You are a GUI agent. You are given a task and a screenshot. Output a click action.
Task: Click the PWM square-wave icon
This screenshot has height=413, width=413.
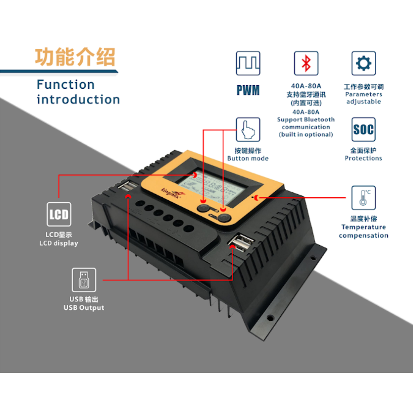coord(248,63)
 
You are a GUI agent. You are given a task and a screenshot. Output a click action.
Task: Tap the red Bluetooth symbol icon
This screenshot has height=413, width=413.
coord(306,63)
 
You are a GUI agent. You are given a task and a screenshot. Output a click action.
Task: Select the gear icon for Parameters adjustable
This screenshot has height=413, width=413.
coord(363,63)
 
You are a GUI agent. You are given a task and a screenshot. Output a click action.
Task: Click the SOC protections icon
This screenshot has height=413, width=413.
coord(363,130)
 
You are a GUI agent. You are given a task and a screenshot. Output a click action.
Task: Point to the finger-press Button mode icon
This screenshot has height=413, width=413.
coord(248,130)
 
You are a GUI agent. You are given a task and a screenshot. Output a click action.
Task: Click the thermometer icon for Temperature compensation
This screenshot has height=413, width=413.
coord(363,198)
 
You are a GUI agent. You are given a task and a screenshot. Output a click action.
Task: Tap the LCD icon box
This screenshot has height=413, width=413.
coord(59,215)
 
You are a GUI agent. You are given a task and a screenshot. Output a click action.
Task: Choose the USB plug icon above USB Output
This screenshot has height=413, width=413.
coord(84,280)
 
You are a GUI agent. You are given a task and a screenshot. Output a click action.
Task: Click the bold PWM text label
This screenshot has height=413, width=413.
coord(248,90)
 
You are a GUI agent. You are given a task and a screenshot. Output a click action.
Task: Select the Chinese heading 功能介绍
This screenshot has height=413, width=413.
coord(75,57)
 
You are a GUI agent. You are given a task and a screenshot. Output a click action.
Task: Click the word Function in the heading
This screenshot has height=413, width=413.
coord(65,85)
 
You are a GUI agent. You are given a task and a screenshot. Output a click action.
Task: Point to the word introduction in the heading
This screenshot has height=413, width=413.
coord(78,99)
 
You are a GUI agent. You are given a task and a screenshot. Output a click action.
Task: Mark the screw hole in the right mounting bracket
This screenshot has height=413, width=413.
coord(271,317)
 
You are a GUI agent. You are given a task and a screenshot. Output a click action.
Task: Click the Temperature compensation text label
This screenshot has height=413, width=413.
coord(363,231)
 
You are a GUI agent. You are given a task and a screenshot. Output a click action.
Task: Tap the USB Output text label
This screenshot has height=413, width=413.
coord(84,304)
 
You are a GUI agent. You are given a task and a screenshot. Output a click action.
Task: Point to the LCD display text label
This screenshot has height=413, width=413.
coord(59,239)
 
